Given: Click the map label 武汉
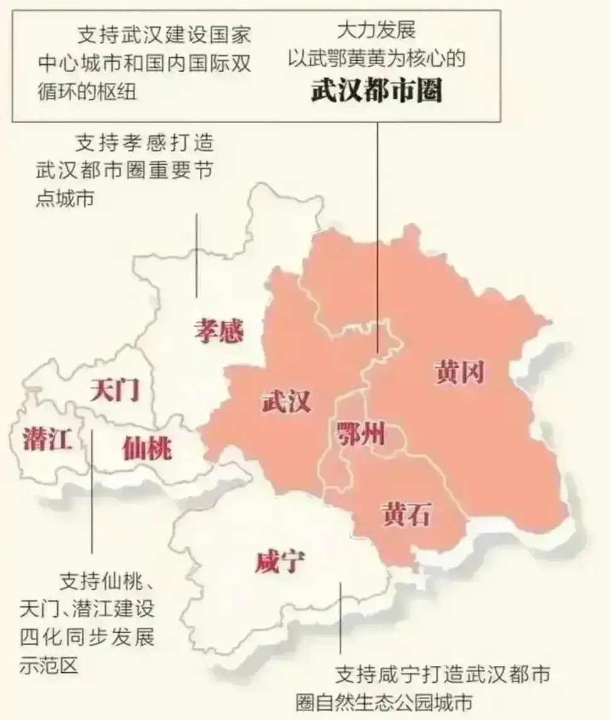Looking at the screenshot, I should coord(286,401).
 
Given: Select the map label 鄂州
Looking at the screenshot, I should coord(361,434).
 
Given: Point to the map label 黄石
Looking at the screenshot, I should coord(406,514).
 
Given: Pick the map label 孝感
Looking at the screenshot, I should coord(218,330).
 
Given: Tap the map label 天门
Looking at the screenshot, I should coord(114,390).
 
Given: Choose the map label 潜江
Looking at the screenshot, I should coord(47,438).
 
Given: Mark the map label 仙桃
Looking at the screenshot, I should coord(147,448).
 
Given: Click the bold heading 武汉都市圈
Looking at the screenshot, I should coord(377,91).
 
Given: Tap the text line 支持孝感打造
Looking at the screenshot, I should coord(145,143).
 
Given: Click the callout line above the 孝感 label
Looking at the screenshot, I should coord(197,254).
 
